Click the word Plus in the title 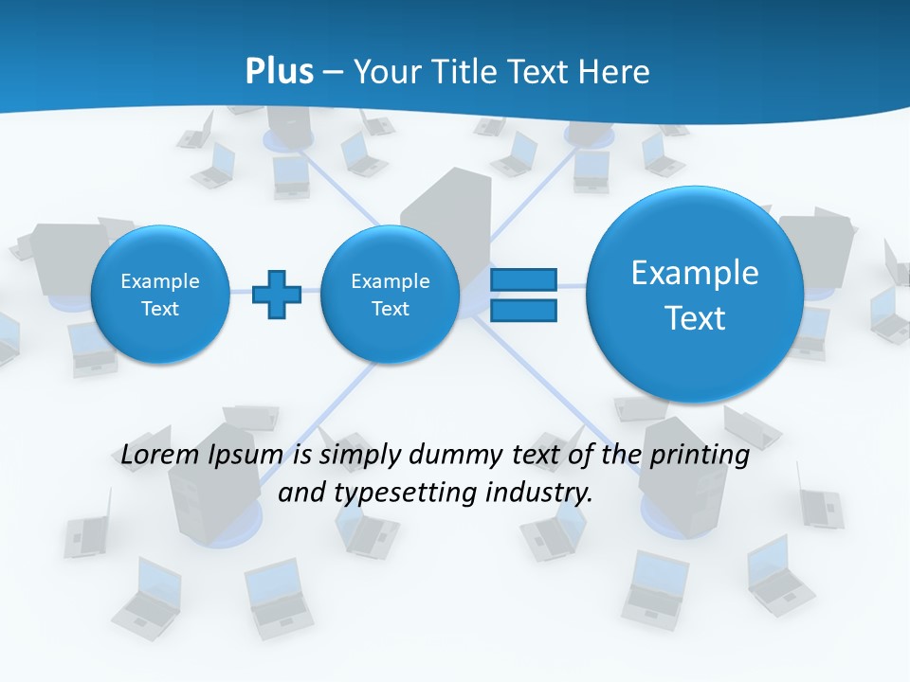point(279,71)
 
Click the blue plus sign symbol point(277,295)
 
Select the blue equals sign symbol point(523,295)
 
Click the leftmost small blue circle point(159,295)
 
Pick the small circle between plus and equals point(390,295)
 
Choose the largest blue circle point(695,295)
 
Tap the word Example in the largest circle point(695,273)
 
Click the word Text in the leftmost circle point(159,309)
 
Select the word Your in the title point(386,71)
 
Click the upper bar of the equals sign point(523,279)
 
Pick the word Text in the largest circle point(695,318)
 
